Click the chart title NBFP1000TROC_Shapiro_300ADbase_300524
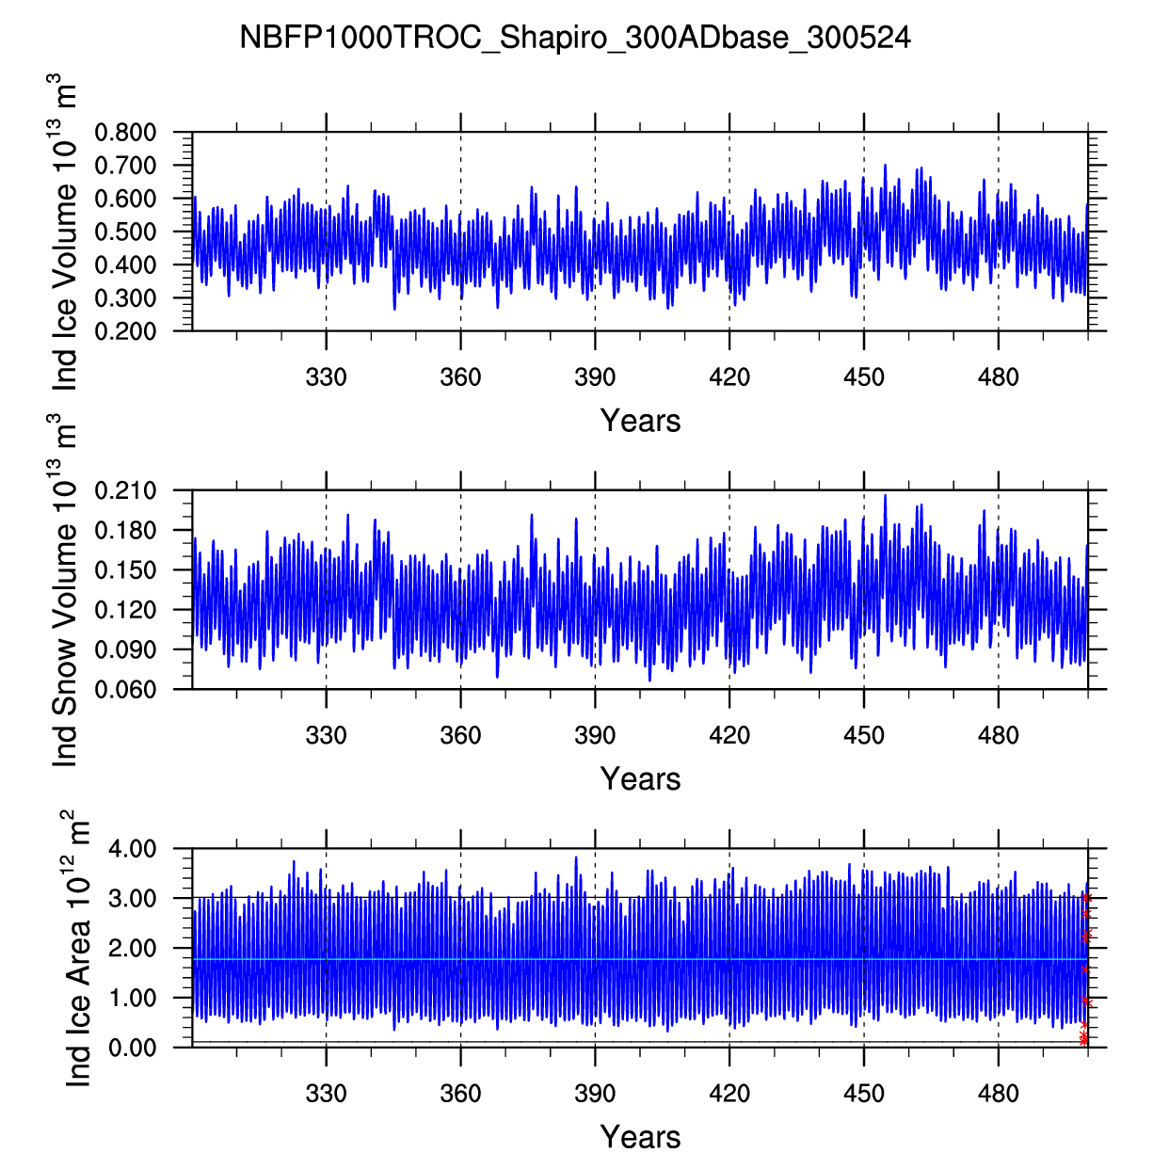click(575, 38)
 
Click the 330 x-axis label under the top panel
click(326, 377)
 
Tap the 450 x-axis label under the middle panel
click(864, 735)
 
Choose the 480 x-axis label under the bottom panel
click(999, 1094)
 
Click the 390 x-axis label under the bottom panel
click(595, 1094)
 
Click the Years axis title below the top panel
click(640, 421)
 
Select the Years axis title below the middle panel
click(640, 779)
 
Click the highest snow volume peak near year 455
click(885, 496)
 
